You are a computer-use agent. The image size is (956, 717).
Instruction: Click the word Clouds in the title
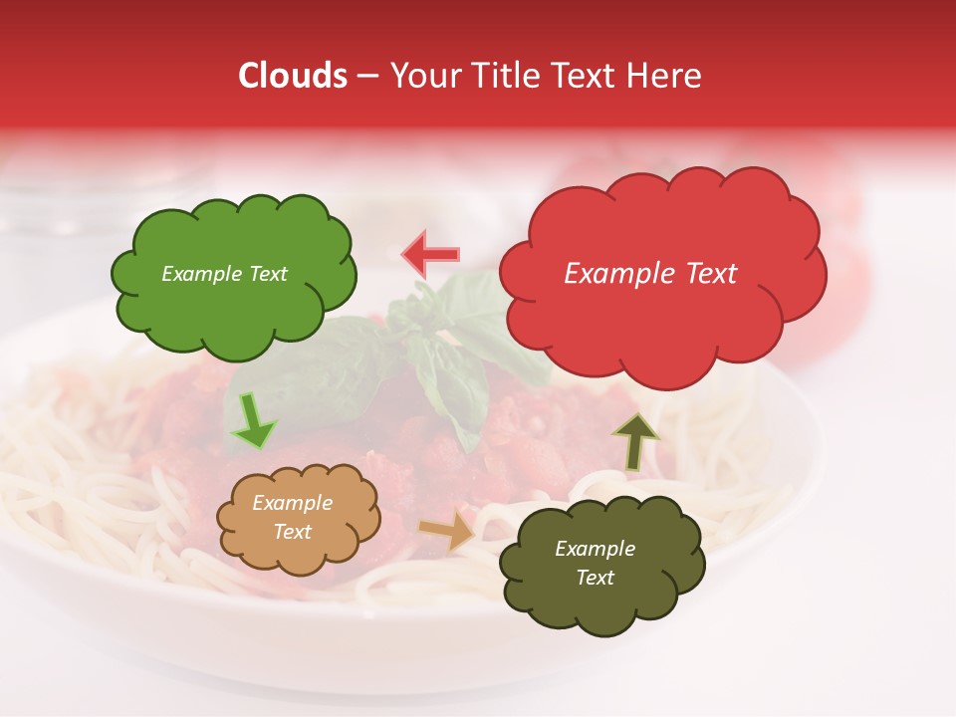point(293,76)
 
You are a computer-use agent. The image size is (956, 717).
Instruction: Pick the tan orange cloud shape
point(298,548)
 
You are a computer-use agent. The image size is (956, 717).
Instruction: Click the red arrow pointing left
point(430,255)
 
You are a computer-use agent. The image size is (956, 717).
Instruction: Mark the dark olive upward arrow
point(635,441)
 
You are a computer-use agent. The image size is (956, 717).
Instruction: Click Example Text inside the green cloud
point(224,274)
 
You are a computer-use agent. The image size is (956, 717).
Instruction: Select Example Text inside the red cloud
point(650,274)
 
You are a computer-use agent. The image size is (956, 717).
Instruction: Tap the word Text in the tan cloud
point(293,532)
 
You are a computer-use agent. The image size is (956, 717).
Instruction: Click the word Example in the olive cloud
point(595,549)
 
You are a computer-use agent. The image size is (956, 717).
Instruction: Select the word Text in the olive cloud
point(595,578)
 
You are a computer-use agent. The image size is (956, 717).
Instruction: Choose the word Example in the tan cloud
point(292,503)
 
